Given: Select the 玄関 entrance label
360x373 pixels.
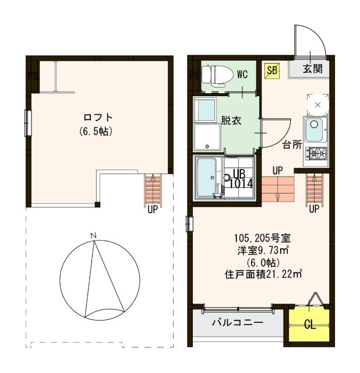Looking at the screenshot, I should click(x=312, y=69).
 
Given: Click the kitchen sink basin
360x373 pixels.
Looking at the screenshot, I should click(x=315, y=125).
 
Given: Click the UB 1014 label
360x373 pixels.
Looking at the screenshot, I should click(x=239, y=178).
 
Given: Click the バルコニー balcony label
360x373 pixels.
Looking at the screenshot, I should click(x=237, y=322).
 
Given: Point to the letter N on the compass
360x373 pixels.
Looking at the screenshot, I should click(x=93, y=235).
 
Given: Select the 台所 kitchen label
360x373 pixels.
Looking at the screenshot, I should click(x=292, y=145).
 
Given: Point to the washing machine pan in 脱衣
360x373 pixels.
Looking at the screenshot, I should click(x=207, y=138).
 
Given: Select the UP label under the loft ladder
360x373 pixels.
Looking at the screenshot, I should click(x=152, y=209).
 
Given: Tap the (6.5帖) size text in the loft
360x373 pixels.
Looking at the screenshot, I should click(x=96, y=131).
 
